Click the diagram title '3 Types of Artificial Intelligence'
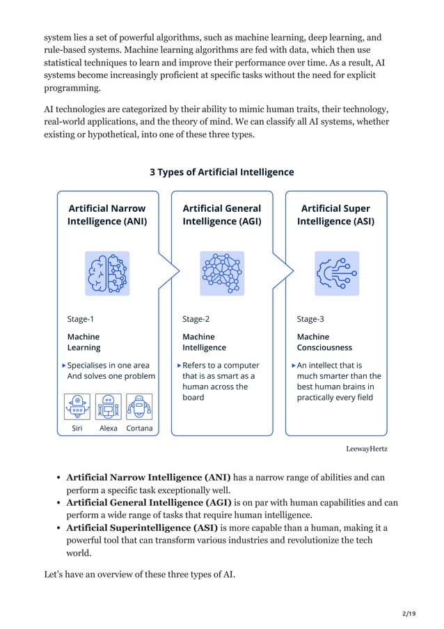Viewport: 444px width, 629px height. point(222,172)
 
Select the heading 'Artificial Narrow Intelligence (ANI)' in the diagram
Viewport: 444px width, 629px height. point(107,215)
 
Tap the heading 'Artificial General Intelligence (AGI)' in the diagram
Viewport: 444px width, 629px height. point(221,215)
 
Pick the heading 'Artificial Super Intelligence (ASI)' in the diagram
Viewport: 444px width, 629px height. point(335,215)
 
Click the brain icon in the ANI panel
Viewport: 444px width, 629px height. point(107,273)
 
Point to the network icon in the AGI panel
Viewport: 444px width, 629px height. point(221,273)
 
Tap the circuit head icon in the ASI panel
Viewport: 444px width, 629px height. point(337,273)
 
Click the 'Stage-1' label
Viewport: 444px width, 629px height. point(81,320)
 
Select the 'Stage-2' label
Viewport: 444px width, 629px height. point(196,320)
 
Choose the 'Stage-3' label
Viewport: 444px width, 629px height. point(310,320)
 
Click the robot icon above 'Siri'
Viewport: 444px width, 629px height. point(77,407)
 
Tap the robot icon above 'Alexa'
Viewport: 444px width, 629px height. point(108,407)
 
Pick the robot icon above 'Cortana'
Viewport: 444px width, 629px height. point(139,407)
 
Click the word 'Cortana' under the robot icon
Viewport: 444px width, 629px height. point(139,428)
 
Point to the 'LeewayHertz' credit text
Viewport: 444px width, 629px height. point(367,449)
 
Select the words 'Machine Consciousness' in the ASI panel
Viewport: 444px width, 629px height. point(324,342)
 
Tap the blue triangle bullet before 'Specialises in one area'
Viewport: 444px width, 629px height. point(64,365)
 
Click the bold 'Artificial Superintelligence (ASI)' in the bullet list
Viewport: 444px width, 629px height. point(149,528)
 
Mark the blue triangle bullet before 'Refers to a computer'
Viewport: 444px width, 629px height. point(178,365)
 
